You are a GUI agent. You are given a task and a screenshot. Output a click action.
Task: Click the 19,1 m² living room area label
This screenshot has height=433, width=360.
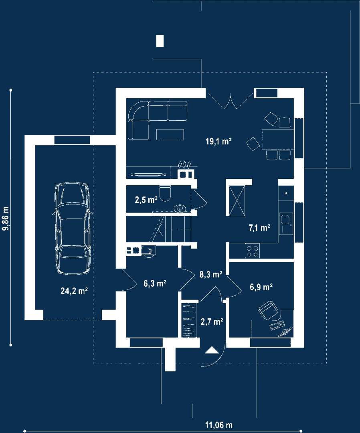[x=218, y=142]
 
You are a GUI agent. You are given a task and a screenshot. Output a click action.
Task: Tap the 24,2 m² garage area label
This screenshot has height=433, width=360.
[x=74, y=291]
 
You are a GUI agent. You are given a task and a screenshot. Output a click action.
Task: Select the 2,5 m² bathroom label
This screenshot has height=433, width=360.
[x=146, y=199]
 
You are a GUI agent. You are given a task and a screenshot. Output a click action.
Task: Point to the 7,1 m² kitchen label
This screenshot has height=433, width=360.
[x=259, y=228]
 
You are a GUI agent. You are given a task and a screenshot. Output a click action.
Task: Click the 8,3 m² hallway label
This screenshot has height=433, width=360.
[x=211, y=274]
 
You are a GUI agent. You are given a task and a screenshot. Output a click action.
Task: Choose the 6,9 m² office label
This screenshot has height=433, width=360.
[x=261, y=287]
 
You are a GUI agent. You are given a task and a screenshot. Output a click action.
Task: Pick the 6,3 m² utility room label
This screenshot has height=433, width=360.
[x=155, y=283]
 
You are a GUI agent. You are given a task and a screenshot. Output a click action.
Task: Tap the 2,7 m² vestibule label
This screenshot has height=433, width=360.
[x=212, y=322]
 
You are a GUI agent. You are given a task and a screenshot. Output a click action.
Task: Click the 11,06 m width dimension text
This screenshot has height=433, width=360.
[x=218, y=425]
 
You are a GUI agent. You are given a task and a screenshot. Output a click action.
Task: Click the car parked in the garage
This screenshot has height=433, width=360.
[x=73, y=229]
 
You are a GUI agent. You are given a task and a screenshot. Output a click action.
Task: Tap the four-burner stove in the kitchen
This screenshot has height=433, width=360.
[x=253, y=251]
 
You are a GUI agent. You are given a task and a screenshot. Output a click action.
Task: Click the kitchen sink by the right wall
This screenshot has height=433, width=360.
[x=286, y=224]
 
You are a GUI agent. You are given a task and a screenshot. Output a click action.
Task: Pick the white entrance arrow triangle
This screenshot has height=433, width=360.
[x=212, y=350]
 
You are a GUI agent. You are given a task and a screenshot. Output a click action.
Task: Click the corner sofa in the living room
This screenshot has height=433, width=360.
[x=158, y=120]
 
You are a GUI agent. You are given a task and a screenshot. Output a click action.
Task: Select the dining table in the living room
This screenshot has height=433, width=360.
[x=278, y=140]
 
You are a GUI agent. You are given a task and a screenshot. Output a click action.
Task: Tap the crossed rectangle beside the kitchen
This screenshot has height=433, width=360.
[x=237, y=200]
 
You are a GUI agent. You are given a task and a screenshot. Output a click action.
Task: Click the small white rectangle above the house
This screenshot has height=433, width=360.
[x=160, y=41]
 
